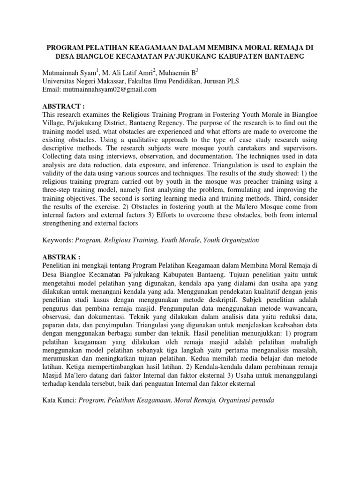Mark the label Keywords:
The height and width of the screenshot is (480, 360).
(x=58, y=240)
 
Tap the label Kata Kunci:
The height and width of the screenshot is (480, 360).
(x=59, y=401)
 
